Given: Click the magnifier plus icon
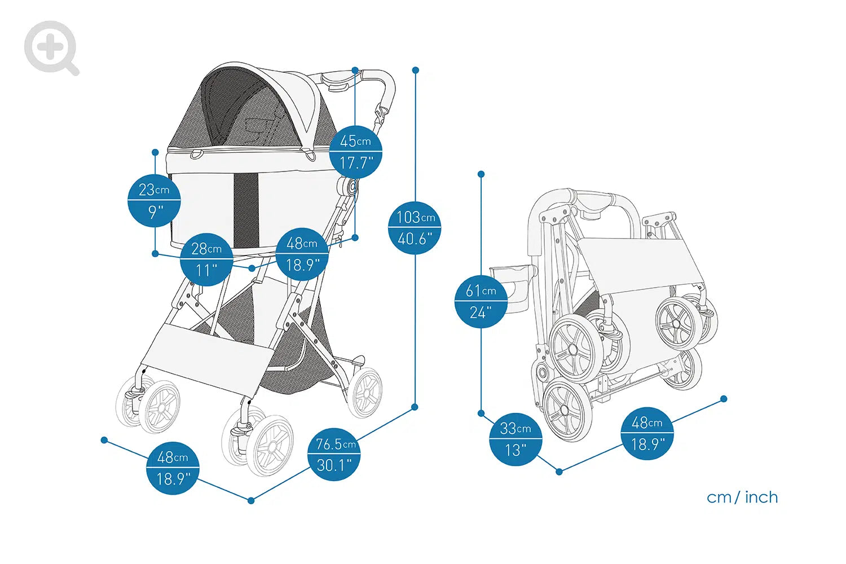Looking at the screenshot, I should click(51, 47).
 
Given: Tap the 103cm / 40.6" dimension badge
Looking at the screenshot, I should click(415, 228).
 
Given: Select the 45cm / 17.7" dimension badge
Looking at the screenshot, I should click(355, 152).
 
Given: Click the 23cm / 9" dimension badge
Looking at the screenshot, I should click(154, 200).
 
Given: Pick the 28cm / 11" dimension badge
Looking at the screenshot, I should click(206, 259).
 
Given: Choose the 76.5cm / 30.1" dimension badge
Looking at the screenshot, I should click(334, 454).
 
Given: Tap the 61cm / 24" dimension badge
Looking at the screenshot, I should click(481, 301).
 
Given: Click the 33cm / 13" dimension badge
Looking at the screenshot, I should click(515, 439).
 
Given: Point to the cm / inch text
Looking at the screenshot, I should click(742, 497).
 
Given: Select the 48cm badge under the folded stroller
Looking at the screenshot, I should click(647, 433).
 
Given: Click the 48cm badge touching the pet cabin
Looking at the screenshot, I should click(302, 254).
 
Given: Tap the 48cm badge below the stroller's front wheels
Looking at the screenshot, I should click(173, 468).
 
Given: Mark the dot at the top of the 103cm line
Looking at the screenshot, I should click(416, 70).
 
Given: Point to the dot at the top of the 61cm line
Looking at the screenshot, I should click(481, 174).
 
